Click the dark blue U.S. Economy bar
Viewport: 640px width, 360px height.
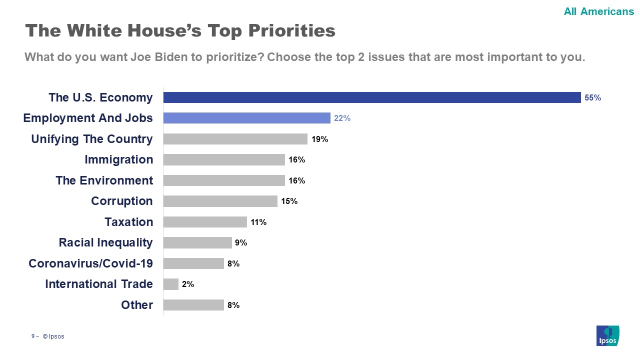point(371,97)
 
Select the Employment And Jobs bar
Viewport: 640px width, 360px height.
point(246,118)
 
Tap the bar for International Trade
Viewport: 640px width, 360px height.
point(170,284)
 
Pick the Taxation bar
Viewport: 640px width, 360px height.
point(205,222)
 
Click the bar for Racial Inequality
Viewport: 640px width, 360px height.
point(197,242)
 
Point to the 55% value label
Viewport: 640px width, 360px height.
point(592,98)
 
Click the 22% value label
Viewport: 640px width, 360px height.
point(342,118)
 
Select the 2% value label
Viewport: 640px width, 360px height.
point(188,284)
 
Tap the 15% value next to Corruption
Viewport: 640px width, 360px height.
point(289,201)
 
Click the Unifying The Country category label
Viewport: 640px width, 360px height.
point(91,139)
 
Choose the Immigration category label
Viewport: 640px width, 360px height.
point(118,159)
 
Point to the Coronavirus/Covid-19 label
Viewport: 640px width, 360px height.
point(90,263)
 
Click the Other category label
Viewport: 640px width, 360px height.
point(136,305)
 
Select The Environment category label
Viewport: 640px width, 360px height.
point(104,180)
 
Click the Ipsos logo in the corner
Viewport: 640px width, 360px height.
point(607,335)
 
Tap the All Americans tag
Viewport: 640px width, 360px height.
point(598,11)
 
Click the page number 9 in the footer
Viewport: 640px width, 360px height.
point(33,336)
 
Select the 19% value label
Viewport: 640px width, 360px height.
point(319,139)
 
